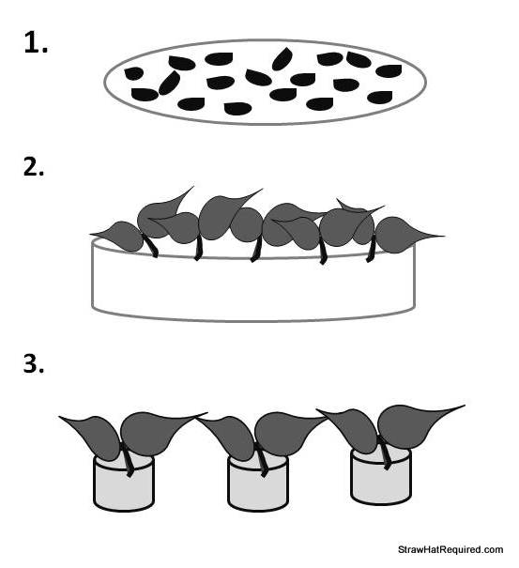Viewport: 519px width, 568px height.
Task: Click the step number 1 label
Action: pos(36,43)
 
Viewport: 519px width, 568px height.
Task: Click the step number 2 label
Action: pos(34,167)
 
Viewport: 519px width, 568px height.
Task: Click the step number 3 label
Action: pos(34,363)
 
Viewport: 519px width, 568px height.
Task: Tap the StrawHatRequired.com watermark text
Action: pos(450,549)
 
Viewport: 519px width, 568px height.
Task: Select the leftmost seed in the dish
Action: pos(133,73)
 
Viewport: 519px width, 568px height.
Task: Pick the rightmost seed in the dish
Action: pos(389,71)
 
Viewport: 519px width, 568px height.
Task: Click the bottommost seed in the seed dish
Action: pos(237,109)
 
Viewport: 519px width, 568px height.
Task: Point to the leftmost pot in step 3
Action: pos(124,484)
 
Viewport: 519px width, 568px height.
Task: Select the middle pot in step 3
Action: pos(258,484)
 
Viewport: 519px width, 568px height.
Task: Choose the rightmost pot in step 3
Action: pos(381,476)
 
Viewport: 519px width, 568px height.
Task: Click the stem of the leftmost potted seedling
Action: pos(127,459)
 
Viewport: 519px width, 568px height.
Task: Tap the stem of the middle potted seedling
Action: pos(262,459)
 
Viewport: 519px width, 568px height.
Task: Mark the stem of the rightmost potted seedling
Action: pos(384,453)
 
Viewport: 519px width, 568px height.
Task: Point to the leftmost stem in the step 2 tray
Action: pos(151,245)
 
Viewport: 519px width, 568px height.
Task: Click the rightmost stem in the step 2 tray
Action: pos(370,249)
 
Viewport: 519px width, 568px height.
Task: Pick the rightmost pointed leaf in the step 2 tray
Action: pos(402,236)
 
